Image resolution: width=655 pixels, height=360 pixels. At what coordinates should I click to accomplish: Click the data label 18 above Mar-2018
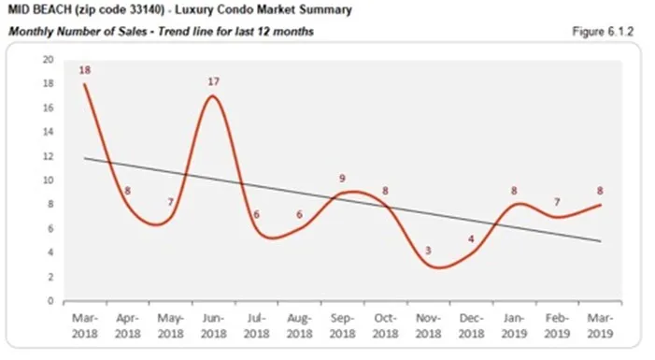85,70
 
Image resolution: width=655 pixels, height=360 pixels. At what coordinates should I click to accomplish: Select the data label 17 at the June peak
214,82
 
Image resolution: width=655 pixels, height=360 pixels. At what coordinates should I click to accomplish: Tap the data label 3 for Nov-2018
428,252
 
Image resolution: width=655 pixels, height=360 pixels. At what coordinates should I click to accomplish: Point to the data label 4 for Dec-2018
470,238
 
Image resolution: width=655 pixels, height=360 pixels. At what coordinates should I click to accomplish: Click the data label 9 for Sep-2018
342,178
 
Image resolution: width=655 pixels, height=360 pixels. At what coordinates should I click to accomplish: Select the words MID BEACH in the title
38,11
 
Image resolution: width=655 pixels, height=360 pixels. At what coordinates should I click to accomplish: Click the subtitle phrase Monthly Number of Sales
76,32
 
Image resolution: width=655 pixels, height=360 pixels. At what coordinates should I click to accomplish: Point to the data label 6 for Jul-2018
256,214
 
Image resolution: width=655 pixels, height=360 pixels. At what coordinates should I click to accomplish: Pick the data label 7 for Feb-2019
557,202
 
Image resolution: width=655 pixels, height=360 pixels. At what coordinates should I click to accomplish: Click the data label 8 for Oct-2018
384,191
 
